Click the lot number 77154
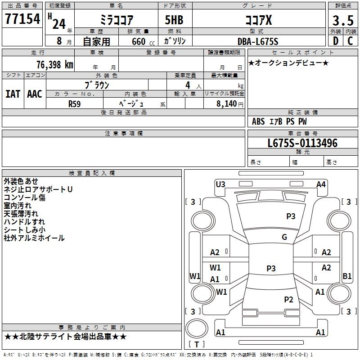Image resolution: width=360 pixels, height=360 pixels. (x=22, y=19)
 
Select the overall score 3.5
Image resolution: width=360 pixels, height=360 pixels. (x=342, y=21)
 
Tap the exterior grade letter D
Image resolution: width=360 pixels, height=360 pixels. (x=336, y=41)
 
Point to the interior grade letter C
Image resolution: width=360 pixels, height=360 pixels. (x=350, y=41)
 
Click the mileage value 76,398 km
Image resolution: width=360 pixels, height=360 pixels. (x=54, y=65)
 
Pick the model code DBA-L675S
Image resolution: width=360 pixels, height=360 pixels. (x=258, y=41)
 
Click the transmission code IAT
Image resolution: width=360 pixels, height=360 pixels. (x=13, y=94)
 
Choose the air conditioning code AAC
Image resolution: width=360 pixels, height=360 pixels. (x=35, y=94)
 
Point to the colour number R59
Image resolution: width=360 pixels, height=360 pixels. (x=75, y=103)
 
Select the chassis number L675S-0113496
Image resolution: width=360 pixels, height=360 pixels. (x=302, y=143)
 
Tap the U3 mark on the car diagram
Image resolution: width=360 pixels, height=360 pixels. (x=220, y=184)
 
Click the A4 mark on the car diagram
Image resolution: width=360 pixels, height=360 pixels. (x=321, y=184)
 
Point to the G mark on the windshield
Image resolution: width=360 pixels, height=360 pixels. (x=284, y=237)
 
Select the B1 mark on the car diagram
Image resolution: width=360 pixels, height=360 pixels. (x=347, y=276)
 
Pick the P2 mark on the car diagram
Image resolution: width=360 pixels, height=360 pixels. (x=288, y=299)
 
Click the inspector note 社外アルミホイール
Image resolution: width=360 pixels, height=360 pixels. (x=34, y=238)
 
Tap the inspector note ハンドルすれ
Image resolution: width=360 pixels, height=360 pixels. (x=24, y=222)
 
